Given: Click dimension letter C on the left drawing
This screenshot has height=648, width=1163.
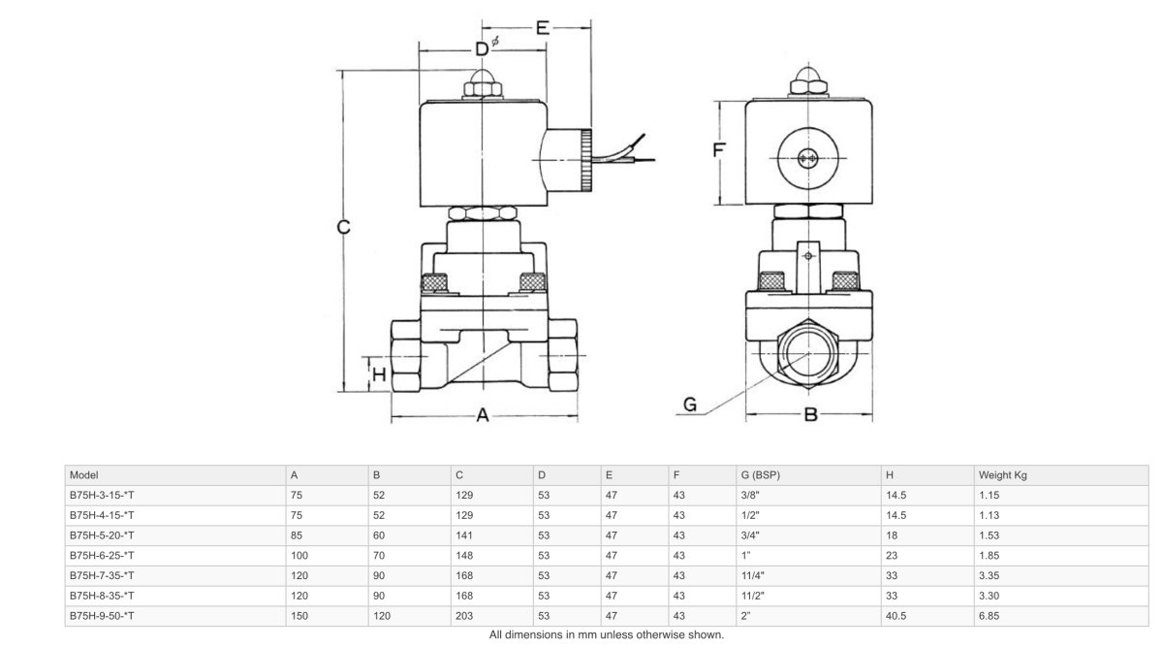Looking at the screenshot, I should pos(343,229).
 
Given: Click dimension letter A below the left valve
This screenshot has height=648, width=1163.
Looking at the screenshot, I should pos(482,416).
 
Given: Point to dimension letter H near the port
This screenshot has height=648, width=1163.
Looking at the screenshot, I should pos(379,373).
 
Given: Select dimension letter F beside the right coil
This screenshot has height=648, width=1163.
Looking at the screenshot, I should pos(719,151).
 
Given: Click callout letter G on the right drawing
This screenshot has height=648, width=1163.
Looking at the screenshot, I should pos(690,406).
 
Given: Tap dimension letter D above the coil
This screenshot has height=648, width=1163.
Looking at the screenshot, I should pos(481,49).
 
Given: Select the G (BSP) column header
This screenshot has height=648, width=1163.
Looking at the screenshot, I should pos(760,475).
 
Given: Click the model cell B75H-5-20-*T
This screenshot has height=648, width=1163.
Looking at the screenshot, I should pos(101,535).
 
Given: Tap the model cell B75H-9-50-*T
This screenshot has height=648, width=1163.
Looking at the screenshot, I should pos(101,616).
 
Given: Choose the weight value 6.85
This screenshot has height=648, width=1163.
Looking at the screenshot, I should pos(989,616).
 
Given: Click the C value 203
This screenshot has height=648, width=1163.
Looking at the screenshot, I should pos(463,616).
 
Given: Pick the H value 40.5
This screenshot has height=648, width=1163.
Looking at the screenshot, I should pos(896,616).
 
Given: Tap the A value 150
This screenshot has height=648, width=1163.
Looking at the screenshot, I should pos(299,616).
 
